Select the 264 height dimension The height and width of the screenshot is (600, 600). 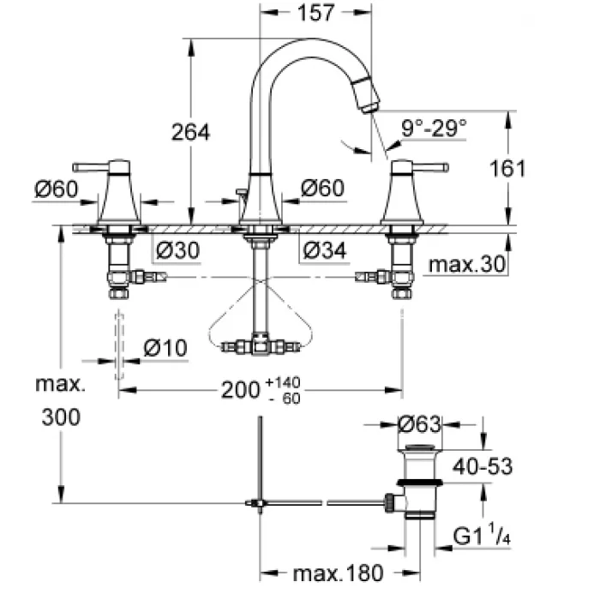pyautogui.click(x=190, y=132)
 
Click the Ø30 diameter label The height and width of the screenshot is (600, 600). pyautogui.click(x=178, y=250)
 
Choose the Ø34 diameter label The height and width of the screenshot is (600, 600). pyautogui.click(x=323, y=250)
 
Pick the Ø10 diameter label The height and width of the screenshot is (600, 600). pyautogui.click(x=165, y=348)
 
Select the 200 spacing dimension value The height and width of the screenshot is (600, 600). pyautogui.click(x=241, y=390)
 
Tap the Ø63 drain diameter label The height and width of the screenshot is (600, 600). pyautogui.click(x=420, y=423)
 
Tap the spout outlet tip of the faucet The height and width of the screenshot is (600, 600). pyautogui.click(x=369, y=104)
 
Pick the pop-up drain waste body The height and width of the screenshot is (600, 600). pyautogui.click(x=419, y=484)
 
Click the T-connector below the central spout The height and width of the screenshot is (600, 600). pyautogui.click(x=260, y=347)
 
